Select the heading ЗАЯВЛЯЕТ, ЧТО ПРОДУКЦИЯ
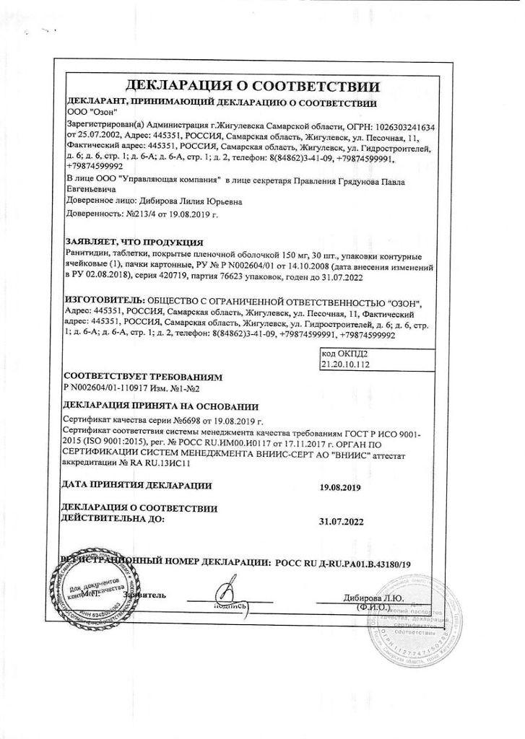134,242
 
